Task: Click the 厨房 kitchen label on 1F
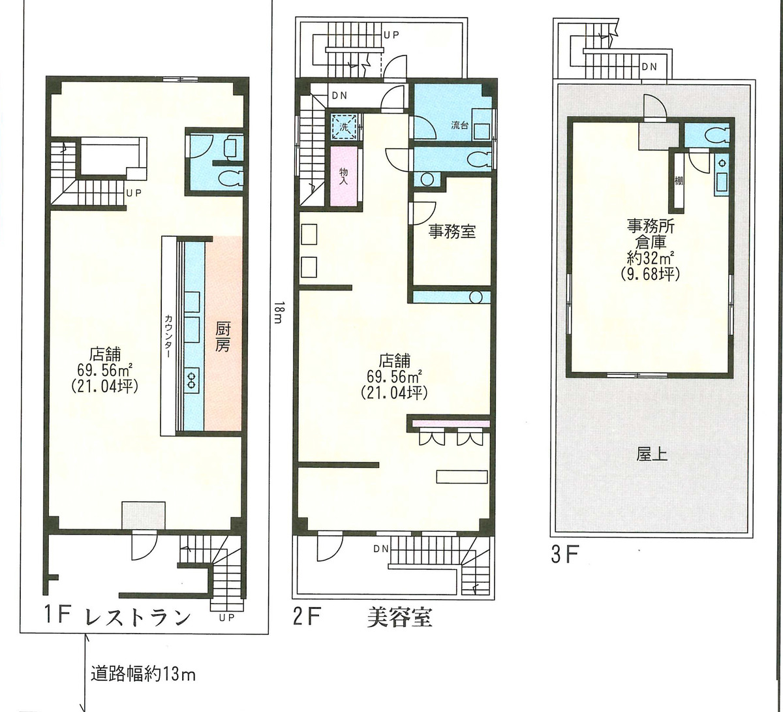coord(222,336)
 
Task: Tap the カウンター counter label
coord(168,336)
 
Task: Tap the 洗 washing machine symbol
coord(343,127)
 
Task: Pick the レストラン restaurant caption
coord(138,617)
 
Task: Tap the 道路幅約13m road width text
coord(144,673)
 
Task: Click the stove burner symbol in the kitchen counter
coord(193,379)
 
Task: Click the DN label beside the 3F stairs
coord(649,67)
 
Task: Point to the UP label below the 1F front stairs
coord(226,618)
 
